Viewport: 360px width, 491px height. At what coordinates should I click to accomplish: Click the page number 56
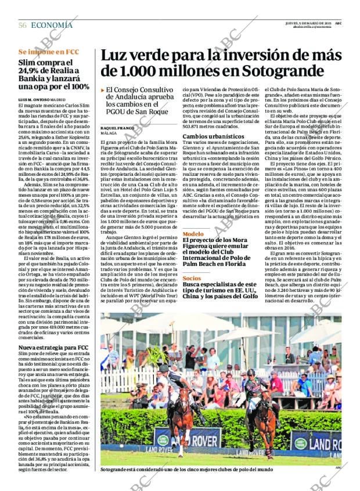(x=23, y=25)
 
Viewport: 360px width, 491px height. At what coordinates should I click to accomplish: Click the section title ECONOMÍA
(x=52, y=25)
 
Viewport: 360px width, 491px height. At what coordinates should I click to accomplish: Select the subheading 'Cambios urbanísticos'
(x=210, y=136)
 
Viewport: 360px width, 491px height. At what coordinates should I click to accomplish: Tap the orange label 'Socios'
(x=192, y=279)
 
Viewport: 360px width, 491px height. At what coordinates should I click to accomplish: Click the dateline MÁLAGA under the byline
(x=109, y=133)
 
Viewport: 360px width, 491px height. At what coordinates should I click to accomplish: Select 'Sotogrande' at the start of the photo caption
(x=114, y=470)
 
